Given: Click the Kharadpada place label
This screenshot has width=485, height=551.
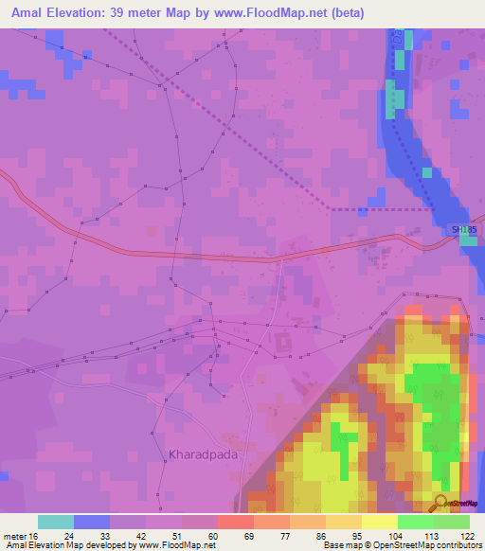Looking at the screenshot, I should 203,454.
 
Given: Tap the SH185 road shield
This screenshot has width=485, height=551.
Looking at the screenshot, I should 461,229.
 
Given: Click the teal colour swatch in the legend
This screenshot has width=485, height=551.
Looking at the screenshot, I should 56,522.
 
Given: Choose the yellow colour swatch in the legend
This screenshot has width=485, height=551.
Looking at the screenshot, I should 379,522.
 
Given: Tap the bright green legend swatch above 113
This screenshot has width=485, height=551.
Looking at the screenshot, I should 415,522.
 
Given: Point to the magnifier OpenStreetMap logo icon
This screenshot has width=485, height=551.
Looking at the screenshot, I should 441,503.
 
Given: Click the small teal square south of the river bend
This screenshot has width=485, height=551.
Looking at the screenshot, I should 468,240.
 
